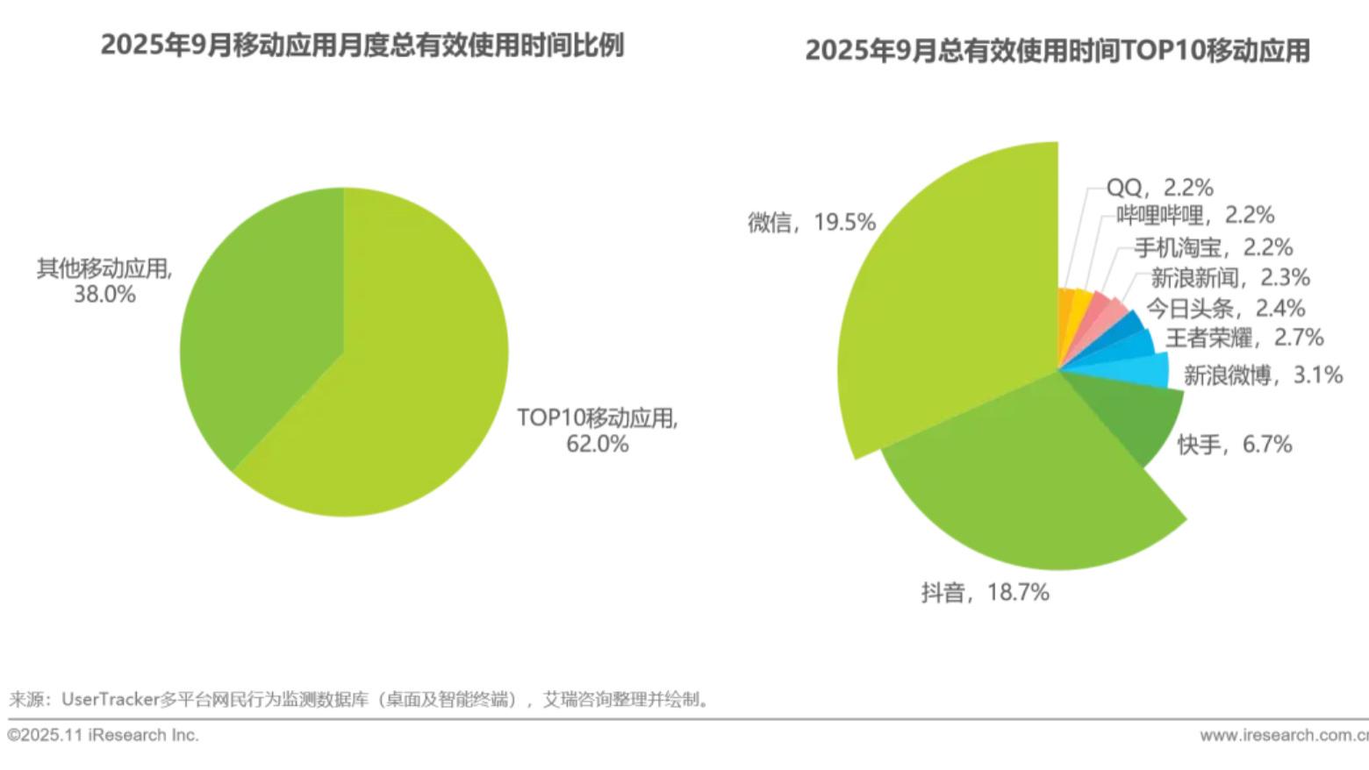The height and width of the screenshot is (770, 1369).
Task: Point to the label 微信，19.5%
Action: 811,223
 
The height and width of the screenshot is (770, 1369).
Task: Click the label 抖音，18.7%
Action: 985,593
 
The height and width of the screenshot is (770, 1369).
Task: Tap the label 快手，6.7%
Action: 1234,445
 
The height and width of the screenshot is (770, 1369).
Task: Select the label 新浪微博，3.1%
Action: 1263,375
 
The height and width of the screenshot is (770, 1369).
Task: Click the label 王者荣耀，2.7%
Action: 1244,338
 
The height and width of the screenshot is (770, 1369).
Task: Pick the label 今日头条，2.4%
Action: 1225,309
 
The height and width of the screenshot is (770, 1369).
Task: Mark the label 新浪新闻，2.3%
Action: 1229,278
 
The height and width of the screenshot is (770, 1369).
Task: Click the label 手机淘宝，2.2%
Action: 1213,247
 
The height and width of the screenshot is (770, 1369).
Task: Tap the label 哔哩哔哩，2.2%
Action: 1195,216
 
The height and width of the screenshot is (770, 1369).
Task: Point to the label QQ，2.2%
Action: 1159,188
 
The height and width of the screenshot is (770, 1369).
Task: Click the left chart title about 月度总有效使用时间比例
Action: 362,45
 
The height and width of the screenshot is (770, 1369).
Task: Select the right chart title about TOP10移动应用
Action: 1057,50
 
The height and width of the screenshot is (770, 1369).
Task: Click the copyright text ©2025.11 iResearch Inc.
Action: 104,735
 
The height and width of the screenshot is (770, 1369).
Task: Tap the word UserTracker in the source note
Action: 110,700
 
